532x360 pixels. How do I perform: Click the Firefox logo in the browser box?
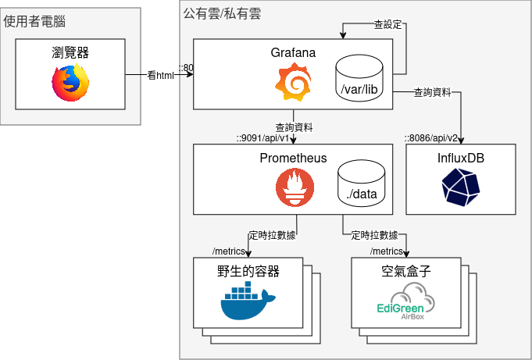[x=70, y=83]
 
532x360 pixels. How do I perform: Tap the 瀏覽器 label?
[x=70, y=53]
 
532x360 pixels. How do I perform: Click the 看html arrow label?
[x=160, y=76]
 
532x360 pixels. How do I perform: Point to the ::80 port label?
[x=185, y=68]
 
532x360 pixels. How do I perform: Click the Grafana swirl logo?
[x=293, y=83]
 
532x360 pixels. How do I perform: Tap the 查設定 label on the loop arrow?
[x=387, y=24]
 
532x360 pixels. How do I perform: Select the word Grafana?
[x=293, y=53]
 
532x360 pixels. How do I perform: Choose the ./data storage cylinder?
[x=360, y=184]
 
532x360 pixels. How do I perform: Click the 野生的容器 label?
[x=248, y=272]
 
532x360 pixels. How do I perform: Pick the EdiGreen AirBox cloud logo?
[x=406, y=303]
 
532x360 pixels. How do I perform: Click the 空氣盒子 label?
[x=406, y=272]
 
